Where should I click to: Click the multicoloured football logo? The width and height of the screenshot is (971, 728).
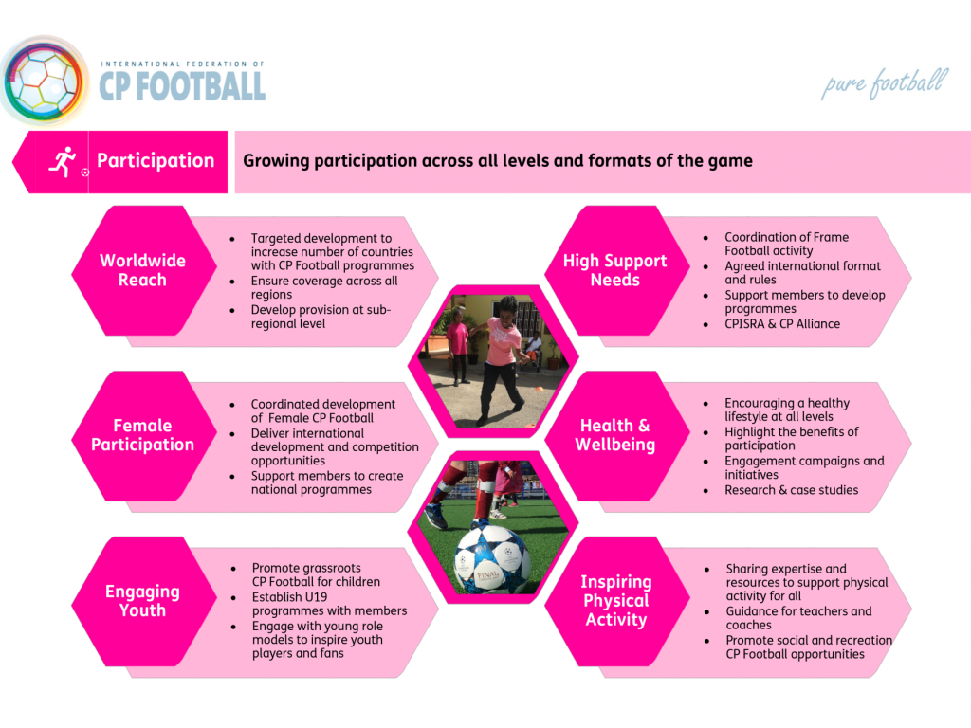[x=44, y=82]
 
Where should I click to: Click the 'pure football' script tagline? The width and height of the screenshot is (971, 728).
[x=885, y=83]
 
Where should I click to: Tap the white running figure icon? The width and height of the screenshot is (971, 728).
[x=63, y=162]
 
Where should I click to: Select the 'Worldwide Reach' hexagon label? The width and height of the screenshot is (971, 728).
[x=142, y=270]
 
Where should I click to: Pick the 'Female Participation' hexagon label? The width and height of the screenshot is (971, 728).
[x=142, y=434]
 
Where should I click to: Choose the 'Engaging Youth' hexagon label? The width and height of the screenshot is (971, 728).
[x=142, y=600]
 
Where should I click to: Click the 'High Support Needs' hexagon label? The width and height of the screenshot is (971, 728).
[x=614, y=270]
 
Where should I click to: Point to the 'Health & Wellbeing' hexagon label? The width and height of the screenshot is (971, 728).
[x=614, y=434]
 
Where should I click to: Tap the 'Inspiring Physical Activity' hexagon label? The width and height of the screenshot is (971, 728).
[x=616, y=600]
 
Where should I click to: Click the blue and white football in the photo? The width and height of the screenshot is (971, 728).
[x=492, y=559]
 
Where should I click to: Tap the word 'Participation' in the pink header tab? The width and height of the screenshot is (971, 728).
[x=156, y=161]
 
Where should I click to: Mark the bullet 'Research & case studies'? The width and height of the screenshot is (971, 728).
[x=792, y=490]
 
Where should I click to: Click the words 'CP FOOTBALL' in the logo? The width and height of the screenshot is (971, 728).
[x=183, y=86]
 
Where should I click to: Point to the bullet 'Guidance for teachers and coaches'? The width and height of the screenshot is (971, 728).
[x=798, y=618]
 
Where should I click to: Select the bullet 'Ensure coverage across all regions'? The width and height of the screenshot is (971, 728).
[x=324, y=287]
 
